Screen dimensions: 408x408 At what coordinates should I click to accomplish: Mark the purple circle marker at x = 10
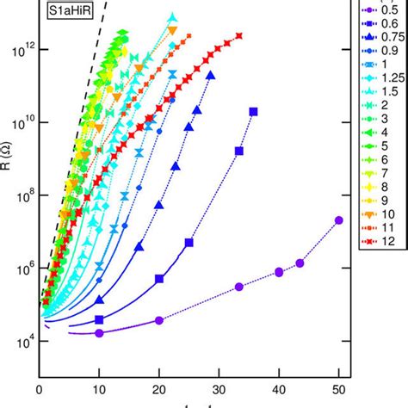(99, 333)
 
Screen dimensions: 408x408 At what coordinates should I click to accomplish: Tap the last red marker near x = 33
(239, 35)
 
